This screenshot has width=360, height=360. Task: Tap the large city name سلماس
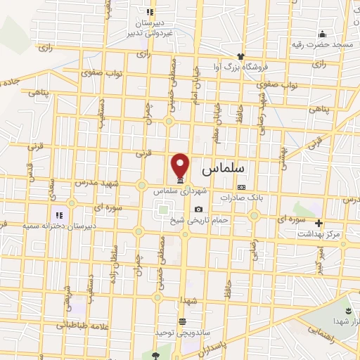pos(227,169)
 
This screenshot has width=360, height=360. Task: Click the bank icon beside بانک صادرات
pos(242,187)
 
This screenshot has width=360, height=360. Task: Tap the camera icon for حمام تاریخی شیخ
pos(199,210)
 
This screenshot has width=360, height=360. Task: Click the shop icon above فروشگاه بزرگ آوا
pos(240,56)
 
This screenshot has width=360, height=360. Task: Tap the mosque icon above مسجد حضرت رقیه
pos(323,34)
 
